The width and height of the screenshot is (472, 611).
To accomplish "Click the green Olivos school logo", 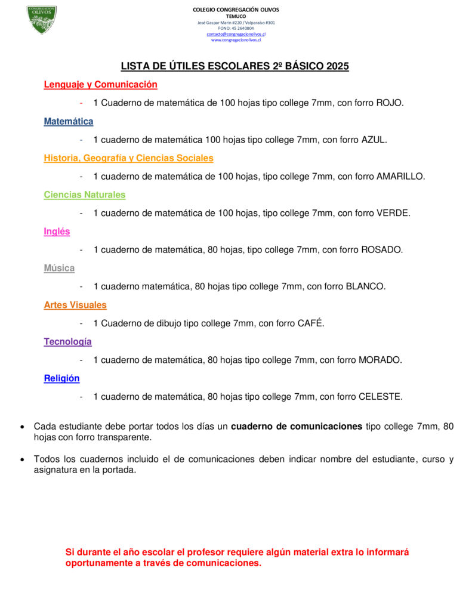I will [x=42, y=20].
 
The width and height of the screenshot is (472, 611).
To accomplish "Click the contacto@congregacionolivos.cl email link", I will [x=236, y=34].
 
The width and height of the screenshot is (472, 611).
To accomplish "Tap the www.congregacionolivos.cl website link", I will [x=236, y=40].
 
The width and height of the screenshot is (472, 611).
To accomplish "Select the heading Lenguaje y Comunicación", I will [x=100, y=85].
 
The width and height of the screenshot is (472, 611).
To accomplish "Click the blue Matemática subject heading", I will [x=69, y=122].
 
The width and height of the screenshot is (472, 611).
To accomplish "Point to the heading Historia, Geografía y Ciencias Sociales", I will [x=128, y=158].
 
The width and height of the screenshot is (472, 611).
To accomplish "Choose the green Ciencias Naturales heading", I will [x=85, y=195].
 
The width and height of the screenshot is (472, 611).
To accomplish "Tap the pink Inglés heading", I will [x=57, y=232].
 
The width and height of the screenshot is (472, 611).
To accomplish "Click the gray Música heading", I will [x=59, y=269].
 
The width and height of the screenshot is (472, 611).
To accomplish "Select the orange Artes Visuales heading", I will [x=75, y=305].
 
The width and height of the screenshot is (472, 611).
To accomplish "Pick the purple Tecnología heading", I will [x=67, y=342].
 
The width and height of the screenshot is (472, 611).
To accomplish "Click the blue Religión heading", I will [x=61, y=378].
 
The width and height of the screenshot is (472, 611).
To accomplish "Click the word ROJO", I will [x=389, y=103].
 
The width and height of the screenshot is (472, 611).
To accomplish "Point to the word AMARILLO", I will [x=400, y=177].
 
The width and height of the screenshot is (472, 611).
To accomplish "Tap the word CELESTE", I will [x=380, y=397].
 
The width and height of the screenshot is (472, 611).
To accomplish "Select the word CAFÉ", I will [x=310, y=323].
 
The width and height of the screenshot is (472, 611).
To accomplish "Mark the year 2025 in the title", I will [x=337, y=66].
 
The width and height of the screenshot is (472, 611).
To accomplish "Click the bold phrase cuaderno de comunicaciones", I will [x=297, y=427].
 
